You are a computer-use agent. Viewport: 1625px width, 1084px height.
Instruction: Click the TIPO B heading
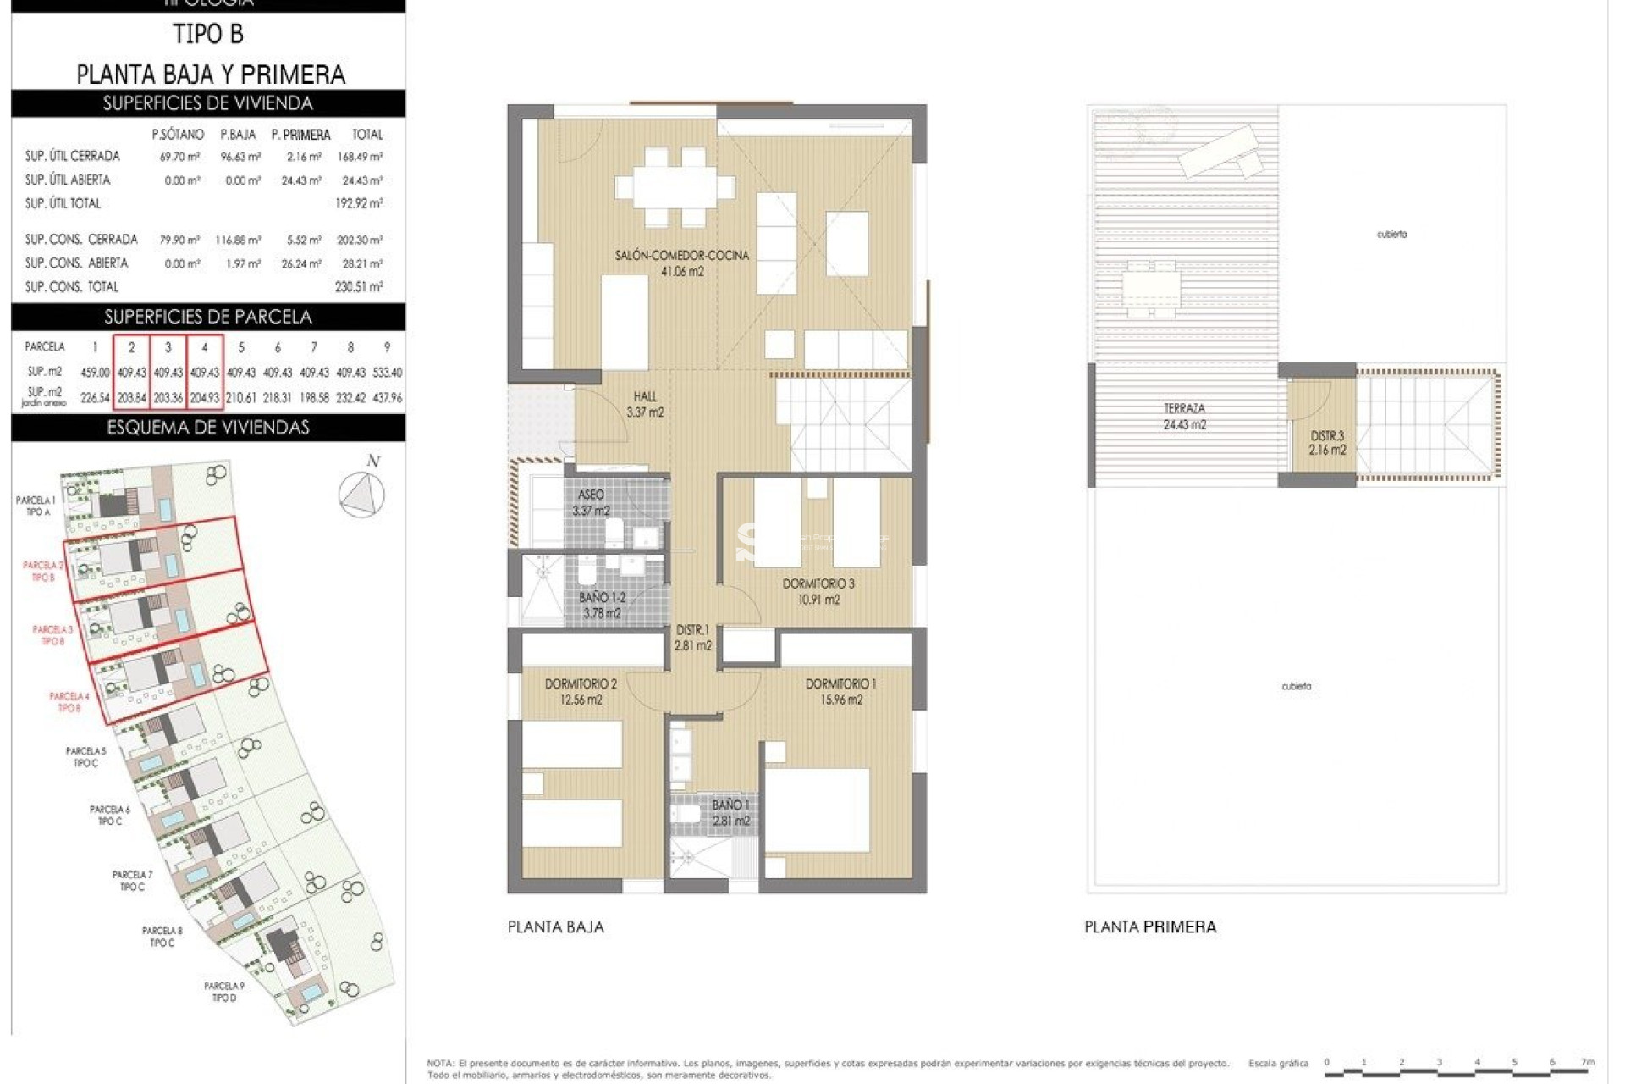208,34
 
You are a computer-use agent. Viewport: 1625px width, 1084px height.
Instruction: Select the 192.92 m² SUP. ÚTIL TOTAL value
359,203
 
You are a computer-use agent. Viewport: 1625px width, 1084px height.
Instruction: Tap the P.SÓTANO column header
178,135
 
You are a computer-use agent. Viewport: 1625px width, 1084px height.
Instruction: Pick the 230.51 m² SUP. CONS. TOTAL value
359,287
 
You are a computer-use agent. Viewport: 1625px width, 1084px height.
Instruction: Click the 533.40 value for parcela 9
387,373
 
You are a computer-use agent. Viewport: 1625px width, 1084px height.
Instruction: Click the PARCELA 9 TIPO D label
224,992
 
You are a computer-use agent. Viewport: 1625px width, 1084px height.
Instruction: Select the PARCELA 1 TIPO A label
36,506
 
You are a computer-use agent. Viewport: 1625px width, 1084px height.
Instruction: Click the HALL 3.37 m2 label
645,404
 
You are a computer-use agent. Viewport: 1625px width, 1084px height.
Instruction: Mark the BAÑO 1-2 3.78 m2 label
602,605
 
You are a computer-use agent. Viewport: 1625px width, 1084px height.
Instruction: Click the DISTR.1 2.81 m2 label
692,638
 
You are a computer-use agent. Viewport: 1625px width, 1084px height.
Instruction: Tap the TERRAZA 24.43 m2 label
1184,417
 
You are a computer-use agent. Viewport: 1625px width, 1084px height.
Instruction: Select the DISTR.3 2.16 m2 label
1326,443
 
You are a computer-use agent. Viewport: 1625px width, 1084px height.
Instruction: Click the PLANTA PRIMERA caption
1150,927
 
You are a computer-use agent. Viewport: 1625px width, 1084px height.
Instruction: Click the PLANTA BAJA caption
556,927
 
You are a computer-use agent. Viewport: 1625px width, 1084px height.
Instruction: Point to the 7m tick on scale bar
1588,1062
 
